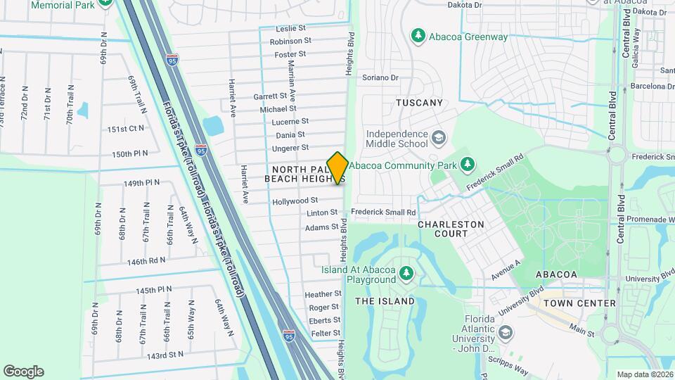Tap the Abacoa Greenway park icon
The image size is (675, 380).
(418, 34)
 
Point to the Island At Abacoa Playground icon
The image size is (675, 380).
(405, 272)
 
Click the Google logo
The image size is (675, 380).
(23, 372)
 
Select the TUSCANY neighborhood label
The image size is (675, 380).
(420, 103)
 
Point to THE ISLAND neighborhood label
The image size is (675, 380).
(385, 301)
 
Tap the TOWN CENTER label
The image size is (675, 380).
(580, 303)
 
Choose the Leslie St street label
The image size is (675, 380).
(293, 29)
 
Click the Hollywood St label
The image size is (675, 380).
(295, 201)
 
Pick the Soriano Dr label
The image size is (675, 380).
(380, 77)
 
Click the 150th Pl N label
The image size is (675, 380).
(130, 153)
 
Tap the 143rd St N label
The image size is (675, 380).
(165, 355)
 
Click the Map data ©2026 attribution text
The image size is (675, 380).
(644, 374)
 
